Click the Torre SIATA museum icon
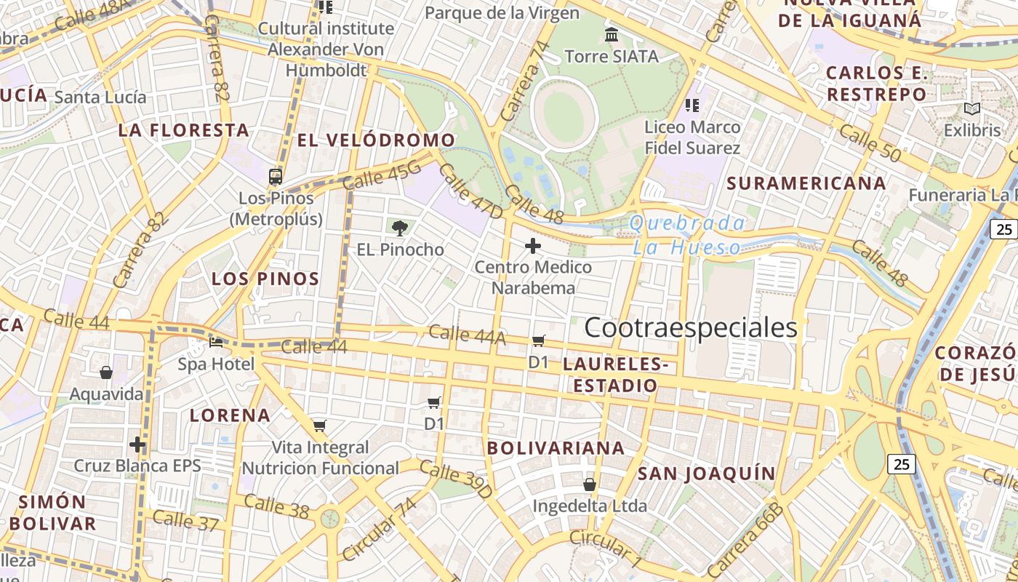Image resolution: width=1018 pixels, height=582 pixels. (612, 34)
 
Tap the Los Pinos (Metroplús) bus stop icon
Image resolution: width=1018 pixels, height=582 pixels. (276, 176)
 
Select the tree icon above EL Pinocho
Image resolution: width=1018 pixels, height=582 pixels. (399, 228)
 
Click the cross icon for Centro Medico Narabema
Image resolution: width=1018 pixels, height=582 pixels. (533, 246)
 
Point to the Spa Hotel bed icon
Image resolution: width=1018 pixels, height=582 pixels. (216, 342)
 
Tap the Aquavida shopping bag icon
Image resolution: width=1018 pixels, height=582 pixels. (106, 372)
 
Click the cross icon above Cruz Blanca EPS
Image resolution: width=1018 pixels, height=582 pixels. (137, 444)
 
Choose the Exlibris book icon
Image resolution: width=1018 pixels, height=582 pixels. (971, 109)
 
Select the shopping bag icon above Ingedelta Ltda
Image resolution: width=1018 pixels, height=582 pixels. (589, 484)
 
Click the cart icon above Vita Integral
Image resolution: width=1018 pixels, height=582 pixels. (319, 426)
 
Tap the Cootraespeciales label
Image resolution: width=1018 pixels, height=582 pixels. (690, 328)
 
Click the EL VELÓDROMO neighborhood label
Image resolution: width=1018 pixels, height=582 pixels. (376, 140)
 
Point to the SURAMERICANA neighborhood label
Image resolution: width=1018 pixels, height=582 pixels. (806, 183)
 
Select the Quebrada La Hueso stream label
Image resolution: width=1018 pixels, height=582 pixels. (687, 235)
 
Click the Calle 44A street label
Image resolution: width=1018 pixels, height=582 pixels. (466, 335)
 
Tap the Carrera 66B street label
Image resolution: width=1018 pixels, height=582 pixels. (745, 539)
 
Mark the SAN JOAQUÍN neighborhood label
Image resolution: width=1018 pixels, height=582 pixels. (707, 474)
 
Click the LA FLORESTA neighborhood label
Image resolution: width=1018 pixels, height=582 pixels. (184, 130)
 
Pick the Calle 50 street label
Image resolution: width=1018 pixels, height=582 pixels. (870, 143)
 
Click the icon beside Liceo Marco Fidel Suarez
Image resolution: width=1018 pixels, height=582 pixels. (692, 105)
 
